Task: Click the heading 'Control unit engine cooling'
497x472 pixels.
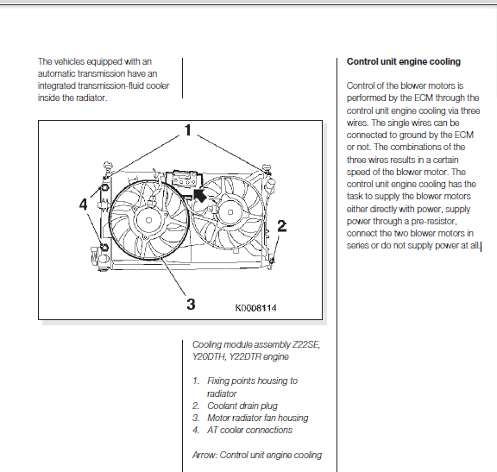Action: click(404, 61)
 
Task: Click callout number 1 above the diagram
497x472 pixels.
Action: click(188, 130)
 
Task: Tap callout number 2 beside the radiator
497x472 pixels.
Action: click(282, 226)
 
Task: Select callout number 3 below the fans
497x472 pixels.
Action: click(191, 304)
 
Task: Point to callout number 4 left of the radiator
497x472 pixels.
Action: click(83, 205)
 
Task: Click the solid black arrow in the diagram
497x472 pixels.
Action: click(199, 196)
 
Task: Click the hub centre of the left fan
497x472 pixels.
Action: click(148, 220)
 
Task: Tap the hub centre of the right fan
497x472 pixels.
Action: click(230, 212)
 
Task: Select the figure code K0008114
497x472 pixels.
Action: click(255, 308)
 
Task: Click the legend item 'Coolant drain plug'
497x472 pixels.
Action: click(242, 406)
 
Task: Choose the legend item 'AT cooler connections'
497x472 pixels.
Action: click(249, 431)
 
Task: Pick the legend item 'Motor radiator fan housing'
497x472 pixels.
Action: click(258, 419)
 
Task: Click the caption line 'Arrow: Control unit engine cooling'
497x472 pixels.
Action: click(257, 455)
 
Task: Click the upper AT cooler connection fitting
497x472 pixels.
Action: click(104, 187)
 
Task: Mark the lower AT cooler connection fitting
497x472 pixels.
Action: click(104, 247)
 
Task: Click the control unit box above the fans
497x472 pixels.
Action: click(184, 179)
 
